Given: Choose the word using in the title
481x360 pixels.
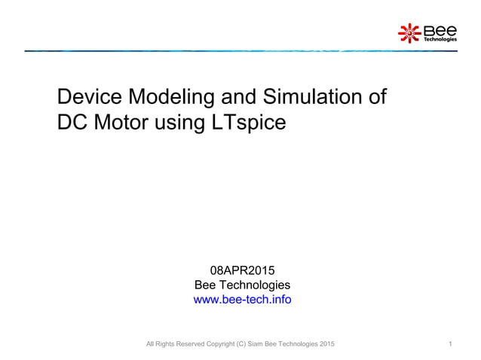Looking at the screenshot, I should click(183, 122).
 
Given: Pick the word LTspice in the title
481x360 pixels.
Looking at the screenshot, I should click(251, 121).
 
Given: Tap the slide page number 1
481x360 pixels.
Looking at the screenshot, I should click(449, 344).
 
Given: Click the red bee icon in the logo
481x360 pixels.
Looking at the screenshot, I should click(409, 32).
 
